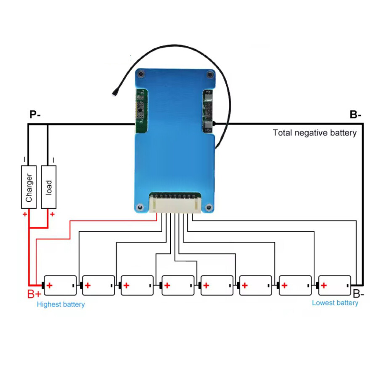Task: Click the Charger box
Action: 29,187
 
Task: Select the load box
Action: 49,187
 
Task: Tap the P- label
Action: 35,115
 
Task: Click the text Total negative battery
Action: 315,133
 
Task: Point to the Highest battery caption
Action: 61,304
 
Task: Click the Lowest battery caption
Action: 335,303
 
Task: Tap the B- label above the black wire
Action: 355,115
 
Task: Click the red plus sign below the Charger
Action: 25,214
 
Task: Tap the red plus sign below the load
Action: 52,214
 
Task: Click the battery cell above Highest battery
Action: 61,286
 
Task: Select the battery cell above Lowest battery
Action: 334,286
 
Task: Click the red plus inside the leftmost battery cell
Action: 50,286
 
